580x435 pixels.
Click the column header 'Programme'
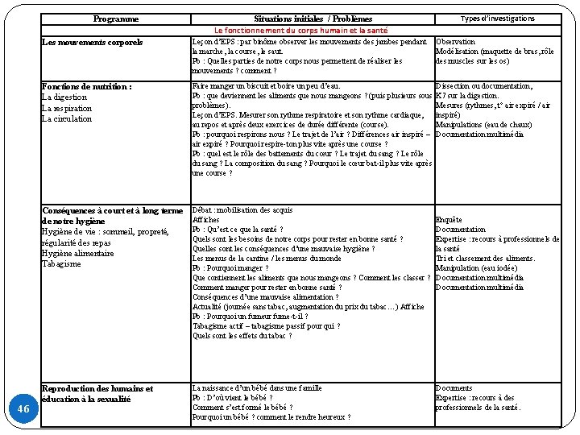(115, 19)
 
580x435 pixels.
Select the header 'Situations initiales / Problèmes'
(313, 19)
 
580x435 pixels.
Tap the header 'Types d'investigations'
(497, 19)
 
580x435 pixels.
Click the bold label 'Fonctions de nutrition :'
(86, 86)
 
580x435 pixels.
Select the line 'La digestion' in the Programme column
(65, 97)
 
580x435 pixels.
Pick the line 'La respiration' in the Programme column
(67, 108)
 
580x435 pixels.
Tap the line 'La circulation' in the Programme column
(67, 119)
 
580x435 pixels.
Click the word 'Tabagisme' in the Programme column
(61, 264)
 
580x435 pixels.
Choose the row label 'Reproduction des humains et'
(97, 388)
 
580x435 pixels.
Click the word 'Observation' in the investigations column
(455, 42)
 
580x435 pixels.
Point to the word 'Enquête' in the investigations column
(449, 220)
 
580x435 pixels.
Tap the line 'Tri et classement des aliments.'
(485, 258)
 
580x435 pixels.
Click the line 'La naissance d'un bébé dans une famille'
(257, 388)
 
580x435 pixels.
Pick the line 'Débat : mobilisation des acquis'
(242, 210)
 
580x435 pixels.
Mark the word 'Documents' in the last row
(454, 388)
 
